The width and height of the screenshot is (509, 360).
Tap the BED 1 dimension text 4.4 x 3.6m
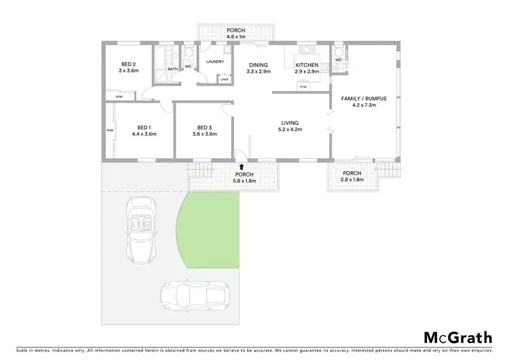click(144, 134)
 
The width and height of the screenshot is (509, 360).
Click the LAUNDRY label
click(214, 62)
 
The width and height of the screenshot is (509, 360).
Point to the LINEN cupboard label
click(225, 79)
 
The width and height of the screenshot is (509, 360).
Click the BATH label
click(173, 69)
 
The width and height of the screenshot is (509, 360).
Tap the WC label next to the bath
click(188, 66)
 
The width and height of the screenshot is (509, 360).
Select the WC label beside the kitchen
click(337, 60)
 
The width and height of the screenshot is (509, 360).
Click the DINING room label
click(258, 65)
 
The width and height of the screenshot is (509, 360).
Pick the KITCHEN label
click(306, 65)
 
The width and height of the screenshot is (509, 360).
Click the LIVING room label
click(290, 123)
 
